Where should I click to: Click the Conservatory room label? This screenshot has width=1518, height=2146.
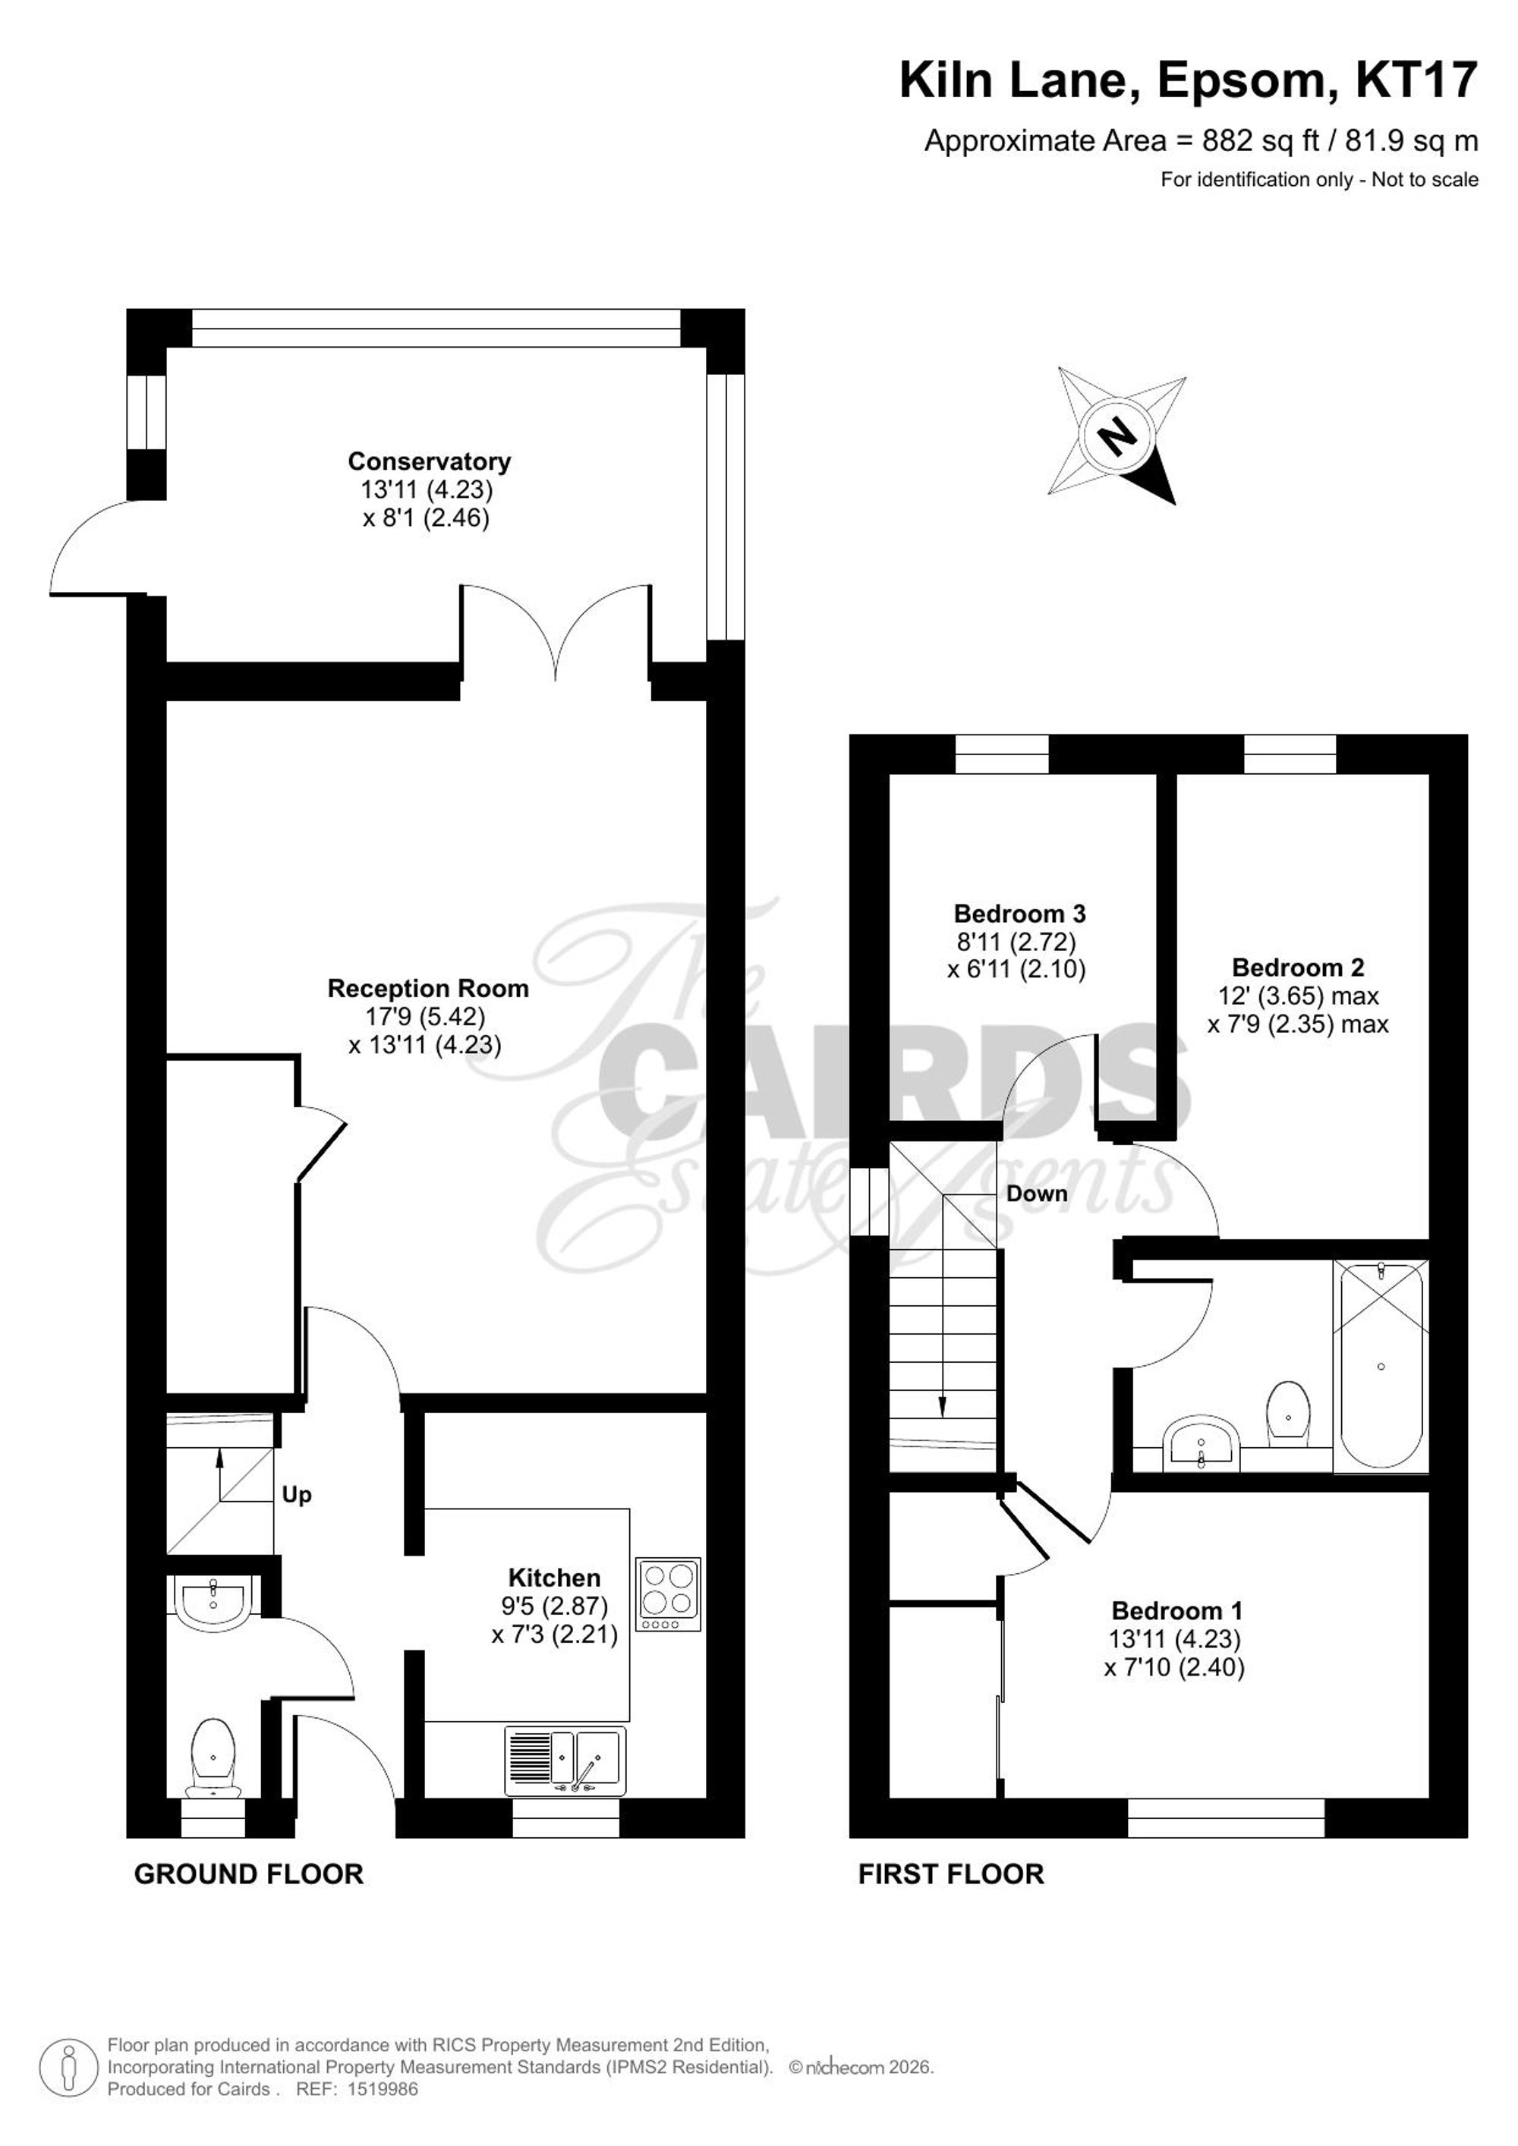tap(429, 461)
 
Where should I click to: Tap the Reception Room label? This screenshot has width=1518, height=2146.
tap(428, 988)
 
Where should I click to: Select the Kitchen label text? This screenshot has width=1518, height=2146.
tap(554, 1578)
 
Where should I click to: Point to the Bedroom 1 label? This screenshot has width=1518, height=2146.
tap(1176, 1610)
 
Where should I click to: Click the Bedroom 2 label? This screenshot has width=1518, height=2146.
tap(1299, 968)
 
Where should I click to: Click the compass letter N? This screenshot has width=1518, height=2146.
tap(1116, 435)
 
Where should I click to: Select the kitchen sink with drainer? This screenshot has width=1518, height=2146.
tap(565, 1761)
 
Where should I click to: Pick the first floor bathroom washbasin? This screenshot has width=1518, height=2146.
tap(1203, 1443)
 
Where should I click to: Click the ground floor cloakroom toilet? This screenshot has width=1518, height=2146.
tap(213, 1757)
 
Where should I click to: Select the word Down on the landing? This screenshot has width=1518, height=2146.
tap(1037, 1194)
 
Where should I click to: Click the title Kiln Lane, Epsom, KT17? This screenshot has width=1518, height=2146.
tap(1188, 80)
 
